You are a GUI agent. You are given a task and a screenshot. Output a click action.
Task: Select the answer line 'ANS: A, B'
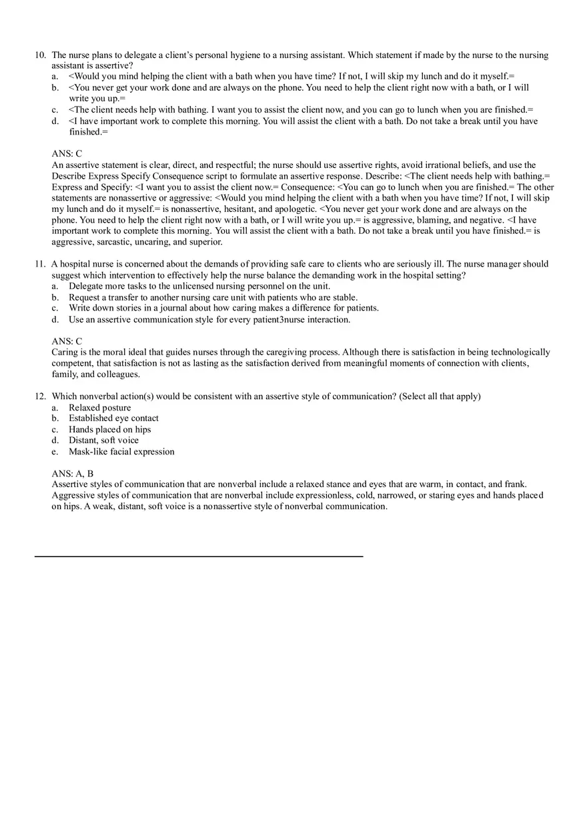73,474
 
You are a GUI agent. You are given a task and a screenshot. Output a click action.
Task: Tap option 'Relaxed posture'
99,408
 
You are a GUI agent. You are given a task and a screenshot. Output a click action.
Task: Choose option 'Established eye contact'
113,418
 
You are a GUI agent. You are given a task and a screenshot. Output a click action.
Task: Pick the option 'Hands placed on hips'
109,430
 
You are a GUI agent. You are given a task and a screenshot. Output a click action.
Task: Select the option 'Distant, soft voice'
103,440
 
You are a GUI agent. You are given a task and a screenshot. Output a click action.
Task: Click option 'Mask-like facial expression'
121,452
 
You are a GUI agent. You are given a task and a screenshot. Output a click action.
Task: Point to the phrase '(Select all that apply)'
440,397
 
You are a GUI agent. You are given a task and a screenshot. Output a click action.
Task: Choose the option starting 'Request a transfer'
213,297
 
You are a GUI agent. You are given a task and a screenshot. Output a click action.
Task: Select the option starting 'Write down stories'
223,309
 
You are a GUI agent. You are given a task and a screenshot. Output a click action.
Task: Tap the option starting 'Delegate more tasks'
199,287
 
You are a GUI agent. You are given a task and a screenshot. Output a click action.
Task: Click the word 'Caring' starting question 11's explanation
65,353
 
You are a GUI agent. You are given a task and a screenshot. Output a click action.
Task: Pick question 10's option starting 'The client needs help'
300,110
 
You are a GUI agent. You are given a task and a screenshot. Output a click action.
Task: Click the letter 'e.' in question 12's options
55,452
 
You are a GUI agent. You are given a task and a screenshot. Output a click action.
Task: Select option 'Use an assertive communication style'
209,320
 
